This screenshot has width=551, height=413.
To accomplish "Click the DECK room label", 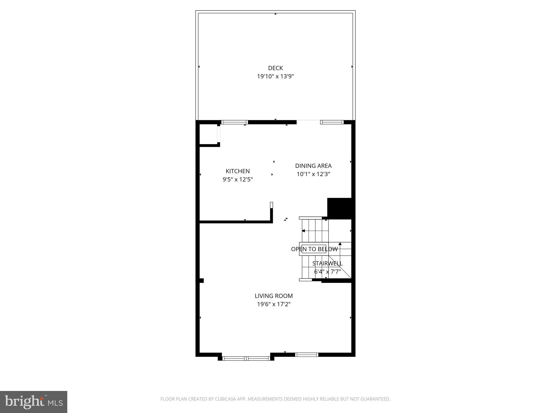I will click(x=275, y=68).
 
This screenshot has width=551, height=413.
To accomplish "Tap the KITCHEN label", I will click(x=238, y=171).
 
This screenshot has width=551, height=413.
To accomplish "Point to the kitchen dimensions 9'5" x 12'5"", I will click(x=238, y=180).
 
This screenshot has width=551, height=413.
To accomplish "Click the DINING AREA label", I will click(x=313, y=166).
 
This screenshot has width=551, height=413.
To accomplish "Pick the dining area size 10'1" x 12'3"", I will click(x=313, y=174).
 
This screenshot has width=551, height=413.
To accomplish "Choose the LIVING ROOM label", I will click(x=274, y=296).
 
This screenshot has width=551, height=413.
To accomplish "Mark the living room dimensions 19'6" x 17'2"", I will click(x=274, y=304).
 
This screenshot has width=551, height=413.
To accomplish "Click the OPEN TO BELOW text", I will click(x=314, y=249).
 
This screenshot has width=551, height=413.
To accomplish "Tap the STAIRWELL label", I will click(x=327, y=264).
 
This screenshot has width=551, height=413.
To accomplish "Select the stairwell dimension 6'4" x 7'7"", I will click(x=327, y=272).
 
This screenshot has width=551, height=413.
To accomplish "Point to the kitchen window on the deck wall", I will click(x=235, y=122).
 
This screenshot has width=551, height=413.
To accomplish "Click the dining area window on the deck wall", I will click(x=332, y=122).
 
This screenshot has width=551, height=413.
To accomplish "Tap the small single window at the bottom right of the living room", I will click(x=307, y=355).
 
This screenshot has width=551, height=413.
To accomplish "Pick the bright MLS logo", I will click(x=34, y=402).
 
